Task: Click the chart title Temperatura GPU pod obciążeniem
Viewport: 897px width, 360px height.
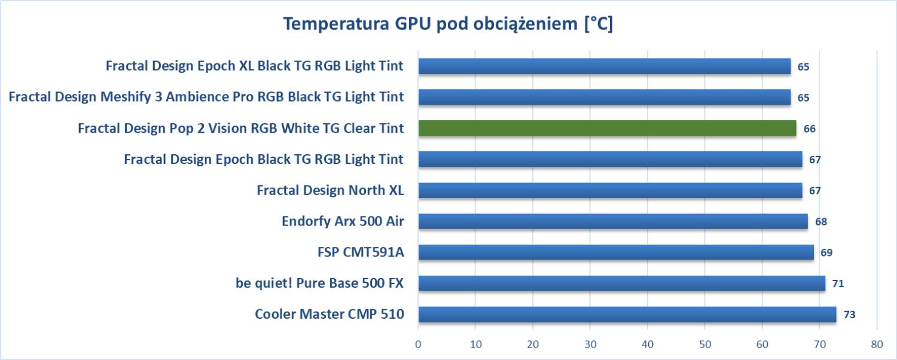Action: point(448,25)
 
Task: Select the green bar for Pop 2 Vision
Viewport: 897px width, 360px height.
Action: point(607,128)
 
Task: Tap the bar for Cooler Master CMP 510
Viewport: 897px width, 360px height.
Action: point(627,314)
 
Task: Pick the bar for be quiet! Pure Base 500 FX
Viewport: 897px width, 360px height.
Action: point(621,283)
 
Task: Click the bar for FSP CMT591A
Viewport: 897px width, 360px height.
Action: point(615,252)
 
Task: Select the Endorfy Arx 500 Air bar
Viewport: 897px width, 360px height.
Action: point(612,221)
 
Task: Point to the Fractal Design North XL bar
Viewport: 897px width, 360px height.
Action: point(610,190)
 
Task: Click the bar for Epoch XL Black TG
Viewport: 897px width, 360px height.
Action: point(604,66)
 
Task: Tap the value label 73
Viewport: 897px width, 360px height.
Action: point(849,315)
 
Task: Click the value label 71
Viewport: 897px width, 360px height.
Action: point(838,283)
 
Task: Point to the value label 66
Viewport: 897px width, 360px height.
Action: point(809,129)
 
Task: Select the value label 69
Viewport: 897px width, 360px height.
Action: point(826,252)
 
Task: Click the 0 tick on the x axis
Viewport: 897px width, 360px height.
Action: point(418,344)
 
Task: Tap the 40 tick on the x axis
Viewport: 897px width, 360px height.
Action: point(648,344)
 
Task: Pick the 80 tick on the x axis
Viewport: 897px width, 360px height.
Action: point(877,344)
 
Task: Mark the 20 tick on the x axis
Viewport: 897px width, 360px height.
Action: point(533,344)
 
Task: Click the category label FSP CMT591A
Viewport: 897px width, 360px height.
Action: point(361,252)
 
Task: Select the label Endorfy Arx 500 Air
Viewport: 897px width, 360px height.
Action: point(343,221)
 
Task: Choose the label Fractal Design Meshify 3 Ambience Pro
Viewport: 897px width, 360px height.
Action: point(206,97)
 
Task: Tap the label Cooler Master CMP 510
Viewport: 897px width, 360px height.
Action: point(329,314)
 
